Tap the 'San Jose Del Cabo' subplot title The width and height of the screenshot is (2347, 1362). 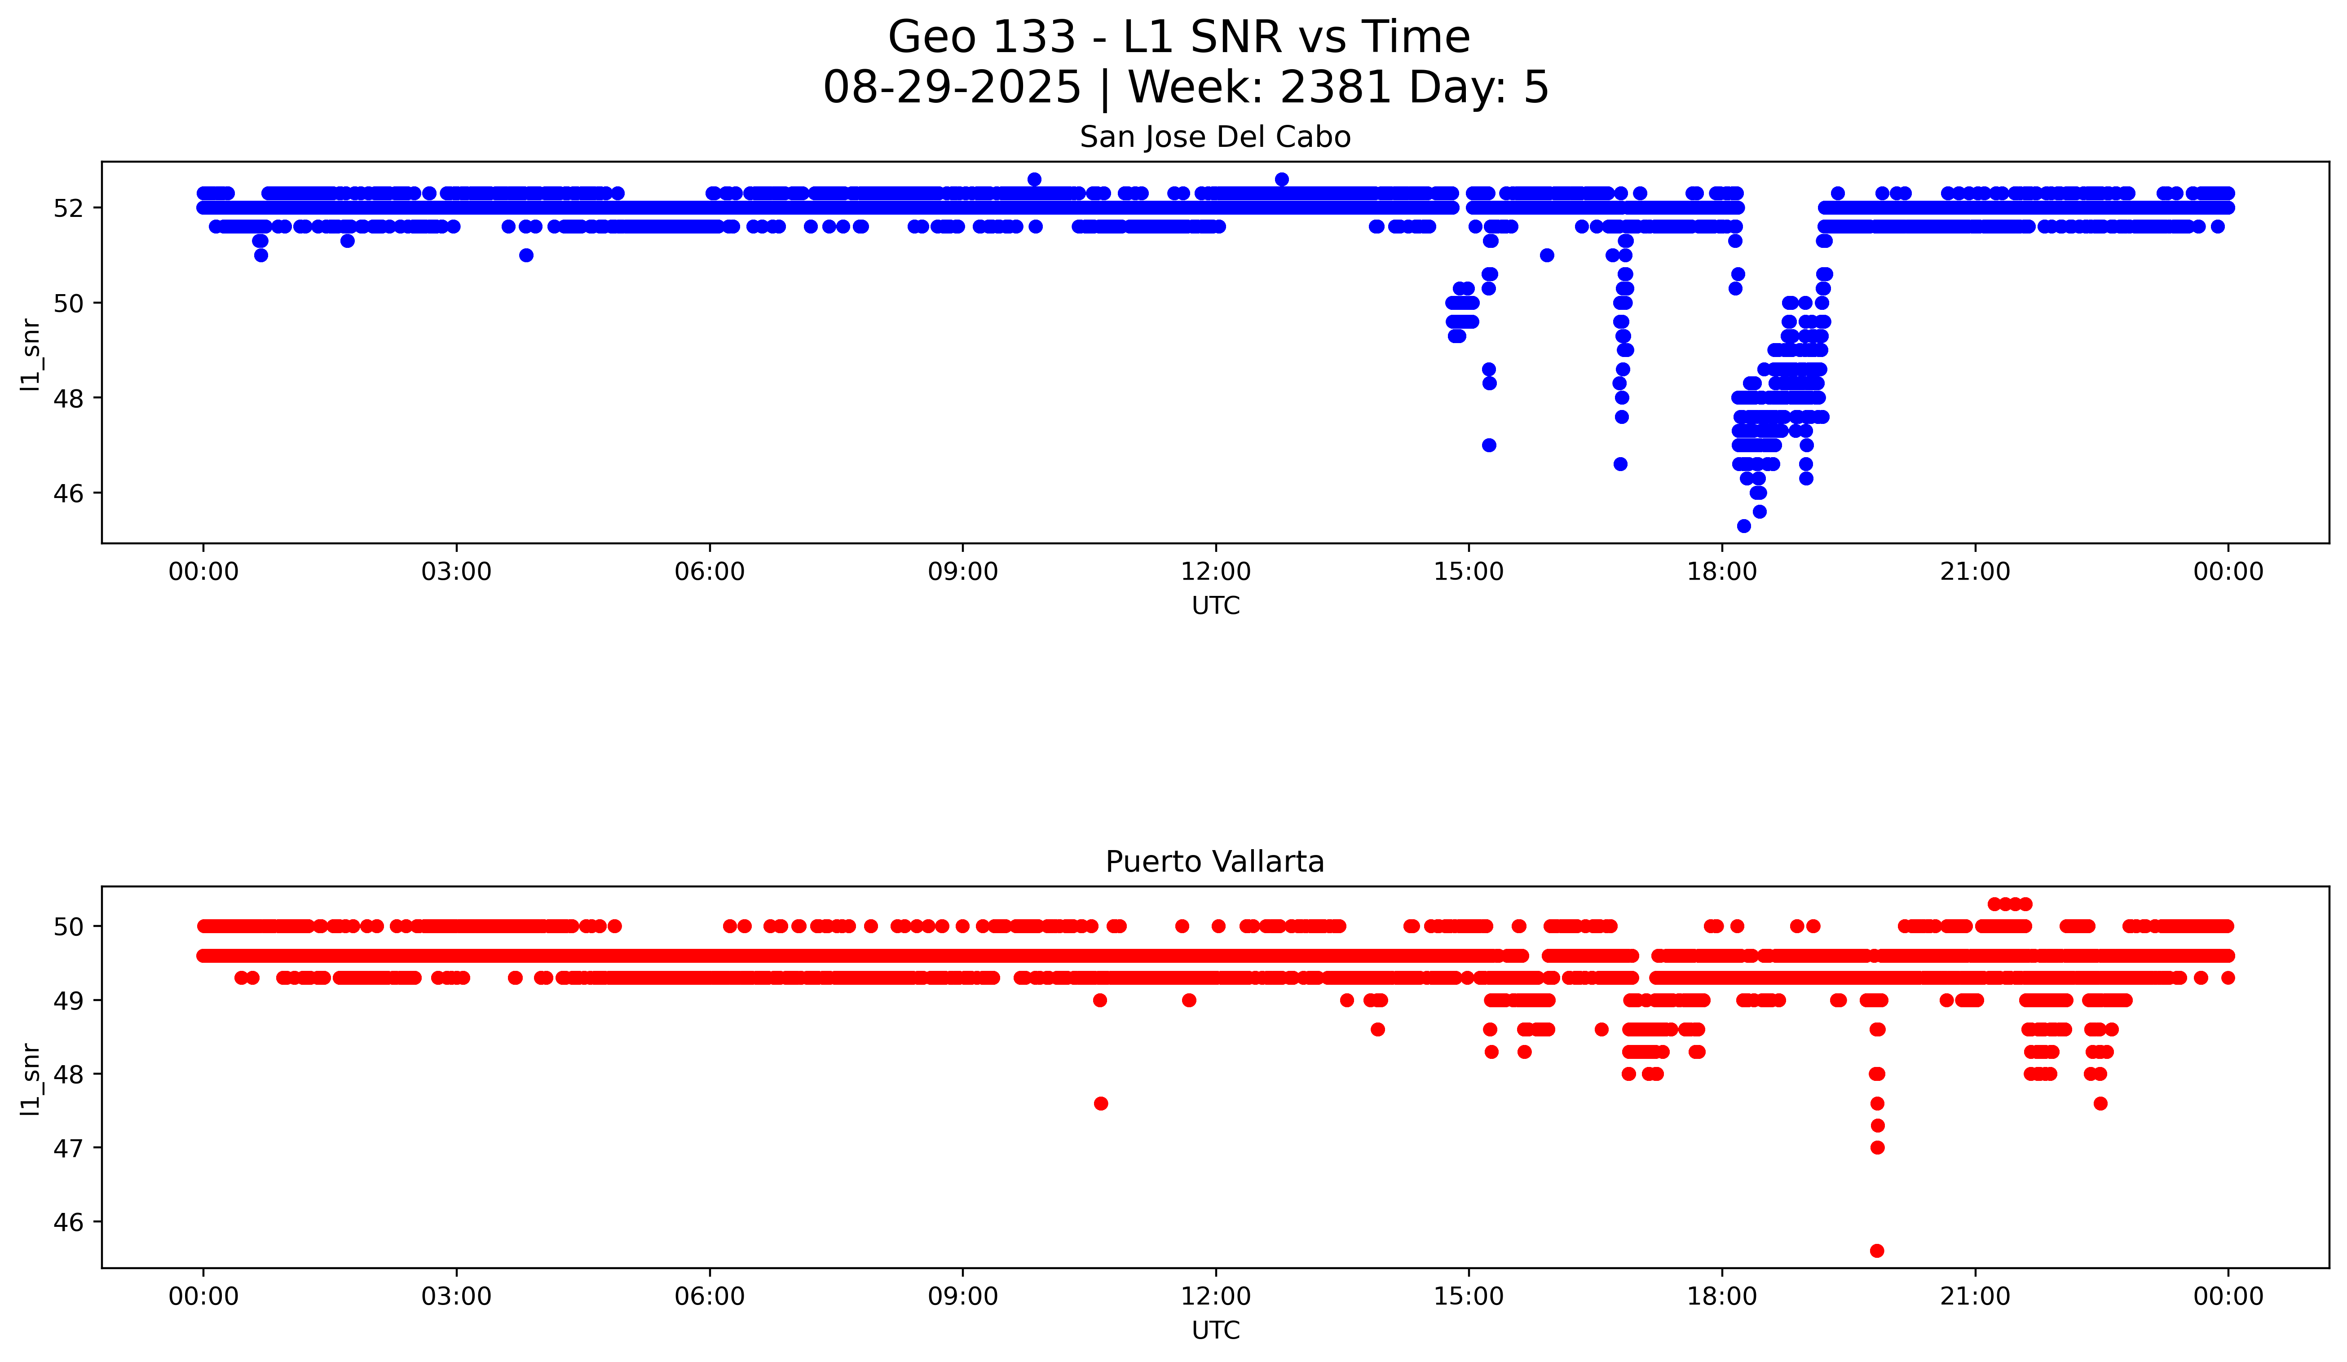tap(1214, 138)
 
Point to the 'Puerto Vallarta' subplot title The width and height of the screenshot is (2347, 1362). tap(1214, 862)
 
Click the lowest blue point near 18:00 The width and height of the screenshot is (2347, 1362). tap(1743, 526)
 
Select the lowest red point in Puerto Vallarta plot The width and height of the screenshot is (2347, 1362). tap(1877, 1250)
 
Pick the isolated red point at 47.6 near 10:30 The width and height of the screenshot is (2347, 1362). tap(1101, 1103)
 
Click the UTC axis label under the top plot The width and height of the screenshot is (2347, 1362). tap(1215, 606)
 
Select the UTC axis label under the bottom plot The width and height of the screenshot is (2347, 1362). tap(1215, 1331)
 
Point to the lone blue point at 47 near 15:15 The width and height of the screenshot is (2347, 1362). tap(1489, 445)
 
